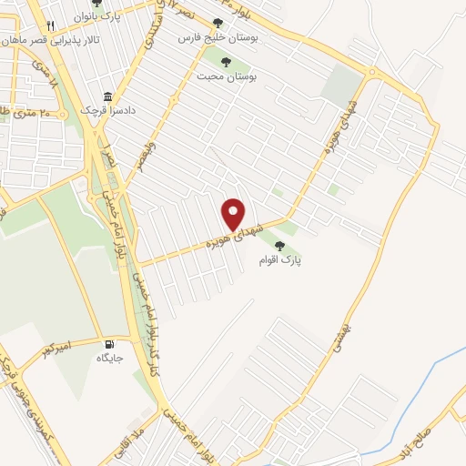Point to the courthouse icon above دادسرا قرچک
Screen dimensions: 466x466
[x=107, y=96]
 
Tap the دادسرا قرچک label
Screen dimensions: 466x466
[x=107, y=110]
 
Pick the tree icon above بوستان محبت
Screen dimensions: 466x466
[x=225, y=62]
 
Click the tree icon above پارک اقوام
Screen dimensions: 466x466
[x=292, y=245]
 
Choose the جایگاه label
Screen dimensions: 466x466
[x=110, y=359]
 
